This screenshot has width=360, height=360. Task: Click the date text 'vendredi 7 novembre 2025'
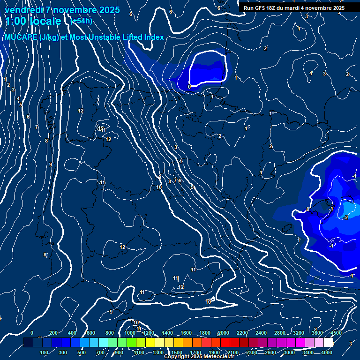click(x=62, y=10)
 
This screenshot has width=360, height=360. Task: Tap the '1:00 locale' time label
click(x=33, y=21)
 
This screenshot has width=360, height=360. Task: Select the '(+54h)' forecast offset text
click(x=81, y=21)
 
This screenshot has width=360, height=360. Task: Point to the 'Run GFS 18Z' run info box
click(x=294, y=8)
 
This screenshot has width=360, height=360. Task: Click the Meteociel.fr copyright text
click(x=199, y=357)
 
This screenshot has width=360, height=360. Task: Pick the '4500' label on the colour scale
click(x=337, y=333)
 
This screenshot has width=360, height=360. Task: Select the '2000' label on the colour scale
click(x=224, y=333)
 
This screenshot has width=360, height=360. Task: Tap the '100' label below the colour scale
click(x=45, y=352)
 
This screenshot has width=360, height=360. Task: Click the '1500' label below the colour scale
click(x=177, y=352)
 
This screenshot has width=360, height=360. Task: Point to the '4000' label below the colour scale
click(x=327, y=352)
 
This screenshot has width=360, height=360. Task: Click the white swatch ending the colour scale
click(x=328, y=343)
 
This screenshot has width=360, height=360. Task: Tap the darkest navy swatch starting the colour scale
click(x=28, y=343)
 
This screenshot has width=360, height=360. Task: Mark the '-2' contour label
click(x=345, y=217)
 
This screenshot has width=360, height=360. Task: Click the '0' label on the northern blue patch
click(x=189, y=87)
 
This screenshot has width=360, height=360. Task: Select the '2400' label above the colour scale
click(x=262, y=333)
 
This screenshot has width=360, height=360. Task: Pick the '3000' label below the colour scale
click(x=289, y=352)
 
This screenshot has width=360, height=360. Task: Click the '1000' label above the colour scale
click(x=130, y=333)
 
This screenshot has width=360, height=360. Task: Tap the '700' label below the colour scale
click(x=101, y=352)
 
